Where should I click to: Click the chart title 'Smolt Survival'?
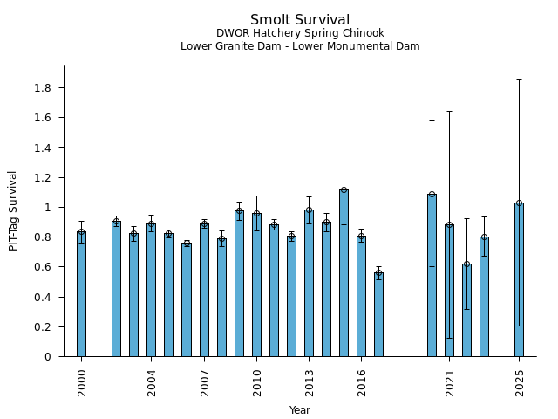(300, 20)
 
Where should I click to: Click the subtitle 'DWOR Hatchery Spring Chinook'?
(300, 33)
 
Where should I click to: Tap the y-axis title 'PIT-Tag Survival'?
(13, 211)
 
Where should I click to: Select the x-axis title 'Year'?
(300, 410)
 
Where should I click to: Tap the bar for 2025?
(520, 279)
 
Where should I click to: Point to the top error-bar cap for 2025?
(520, 79)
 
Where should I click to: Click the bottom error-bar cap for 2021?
(450, 338)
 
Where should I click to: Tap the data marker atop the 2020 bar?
(432, 194)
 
